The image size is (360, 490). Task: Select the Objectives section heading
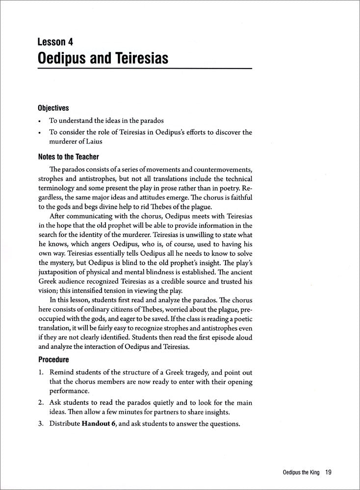[53, 108]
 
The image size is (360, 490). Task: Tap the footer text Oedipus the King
[294, 472]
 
